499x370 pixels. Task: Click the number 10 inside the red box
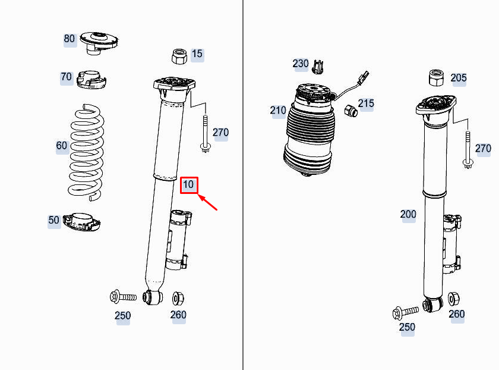pyautogui.click(x=188, y=185)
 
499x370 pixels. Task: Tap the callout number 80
pyautogui.click(x=70, y=39)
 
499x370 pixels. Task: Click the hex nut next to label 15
pyautogui.click(x=179, y=57)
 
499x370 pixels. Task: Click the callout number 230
pyautogui.click(x=301, y=64)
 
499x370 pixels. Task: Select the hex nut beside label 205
pyautogui.click(x=437, y=78)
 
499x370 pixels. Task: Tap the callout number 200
pyautogui.click(x=408, y=214)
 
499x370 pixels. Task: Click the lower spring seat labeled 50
pyautogui.click(x=82, y=222)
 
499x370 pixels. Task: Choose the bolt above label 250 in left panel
pyautogui.click(x=123, y=296)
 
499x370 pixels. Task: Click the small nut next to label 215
pyautogui.click(x=350, y=110)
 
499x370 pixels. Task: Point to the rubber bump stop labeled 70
pyautogui.click(x=91, y=79)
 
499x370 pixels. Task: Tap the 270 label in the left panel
pyautogui.click(x=220, y=133)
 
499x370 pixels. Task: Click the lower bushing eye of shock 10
pyautogui.click(x=153, y=296)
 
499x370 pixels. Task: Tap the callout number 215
pyautogui.click(x=366, y=104)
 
